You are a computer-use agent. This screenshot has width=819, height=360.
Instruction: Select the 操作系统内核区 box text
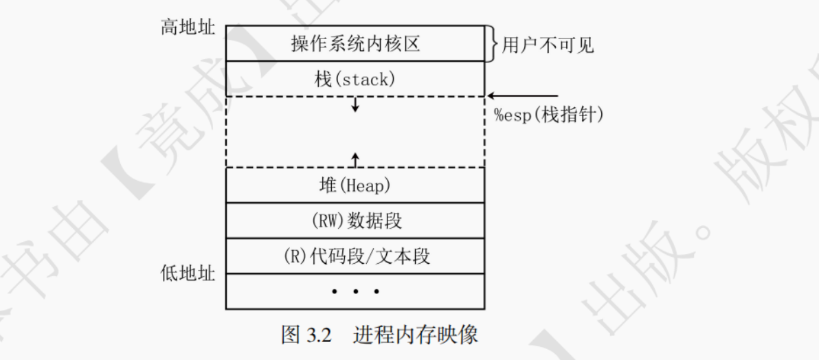[355, 45]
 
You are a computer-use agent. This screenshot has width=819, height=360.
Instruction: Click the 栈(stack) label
[355, 79]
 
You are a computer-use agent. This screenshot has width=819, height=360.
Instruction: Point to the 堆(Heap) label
[355, 185]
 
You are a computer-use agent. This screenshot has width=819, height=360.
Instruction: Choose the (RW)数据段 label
[355, 221]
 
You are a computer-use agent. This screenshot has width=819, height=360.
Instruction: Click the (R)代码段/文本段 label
[355, 257]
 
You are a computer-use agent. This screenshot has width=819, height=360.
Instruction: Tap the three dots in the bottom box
[355, 292]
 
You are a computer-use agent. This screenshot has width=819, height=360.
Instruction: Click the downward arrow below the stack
[355, 105]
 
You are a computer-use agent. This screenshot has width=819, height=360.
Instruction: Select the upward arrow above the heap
[355, 159]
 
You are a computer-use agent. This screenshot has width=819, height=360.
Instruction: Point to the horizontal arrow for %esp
[522, 96]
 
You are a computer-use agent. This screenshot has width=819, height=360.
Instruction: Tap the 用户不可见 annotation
[548, 46]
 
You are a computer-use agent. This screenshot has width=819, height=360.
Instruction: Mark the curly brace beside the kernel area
[491, 44]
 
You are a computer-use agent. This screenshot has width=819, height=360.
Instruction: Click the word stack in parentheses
[368, 79]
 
